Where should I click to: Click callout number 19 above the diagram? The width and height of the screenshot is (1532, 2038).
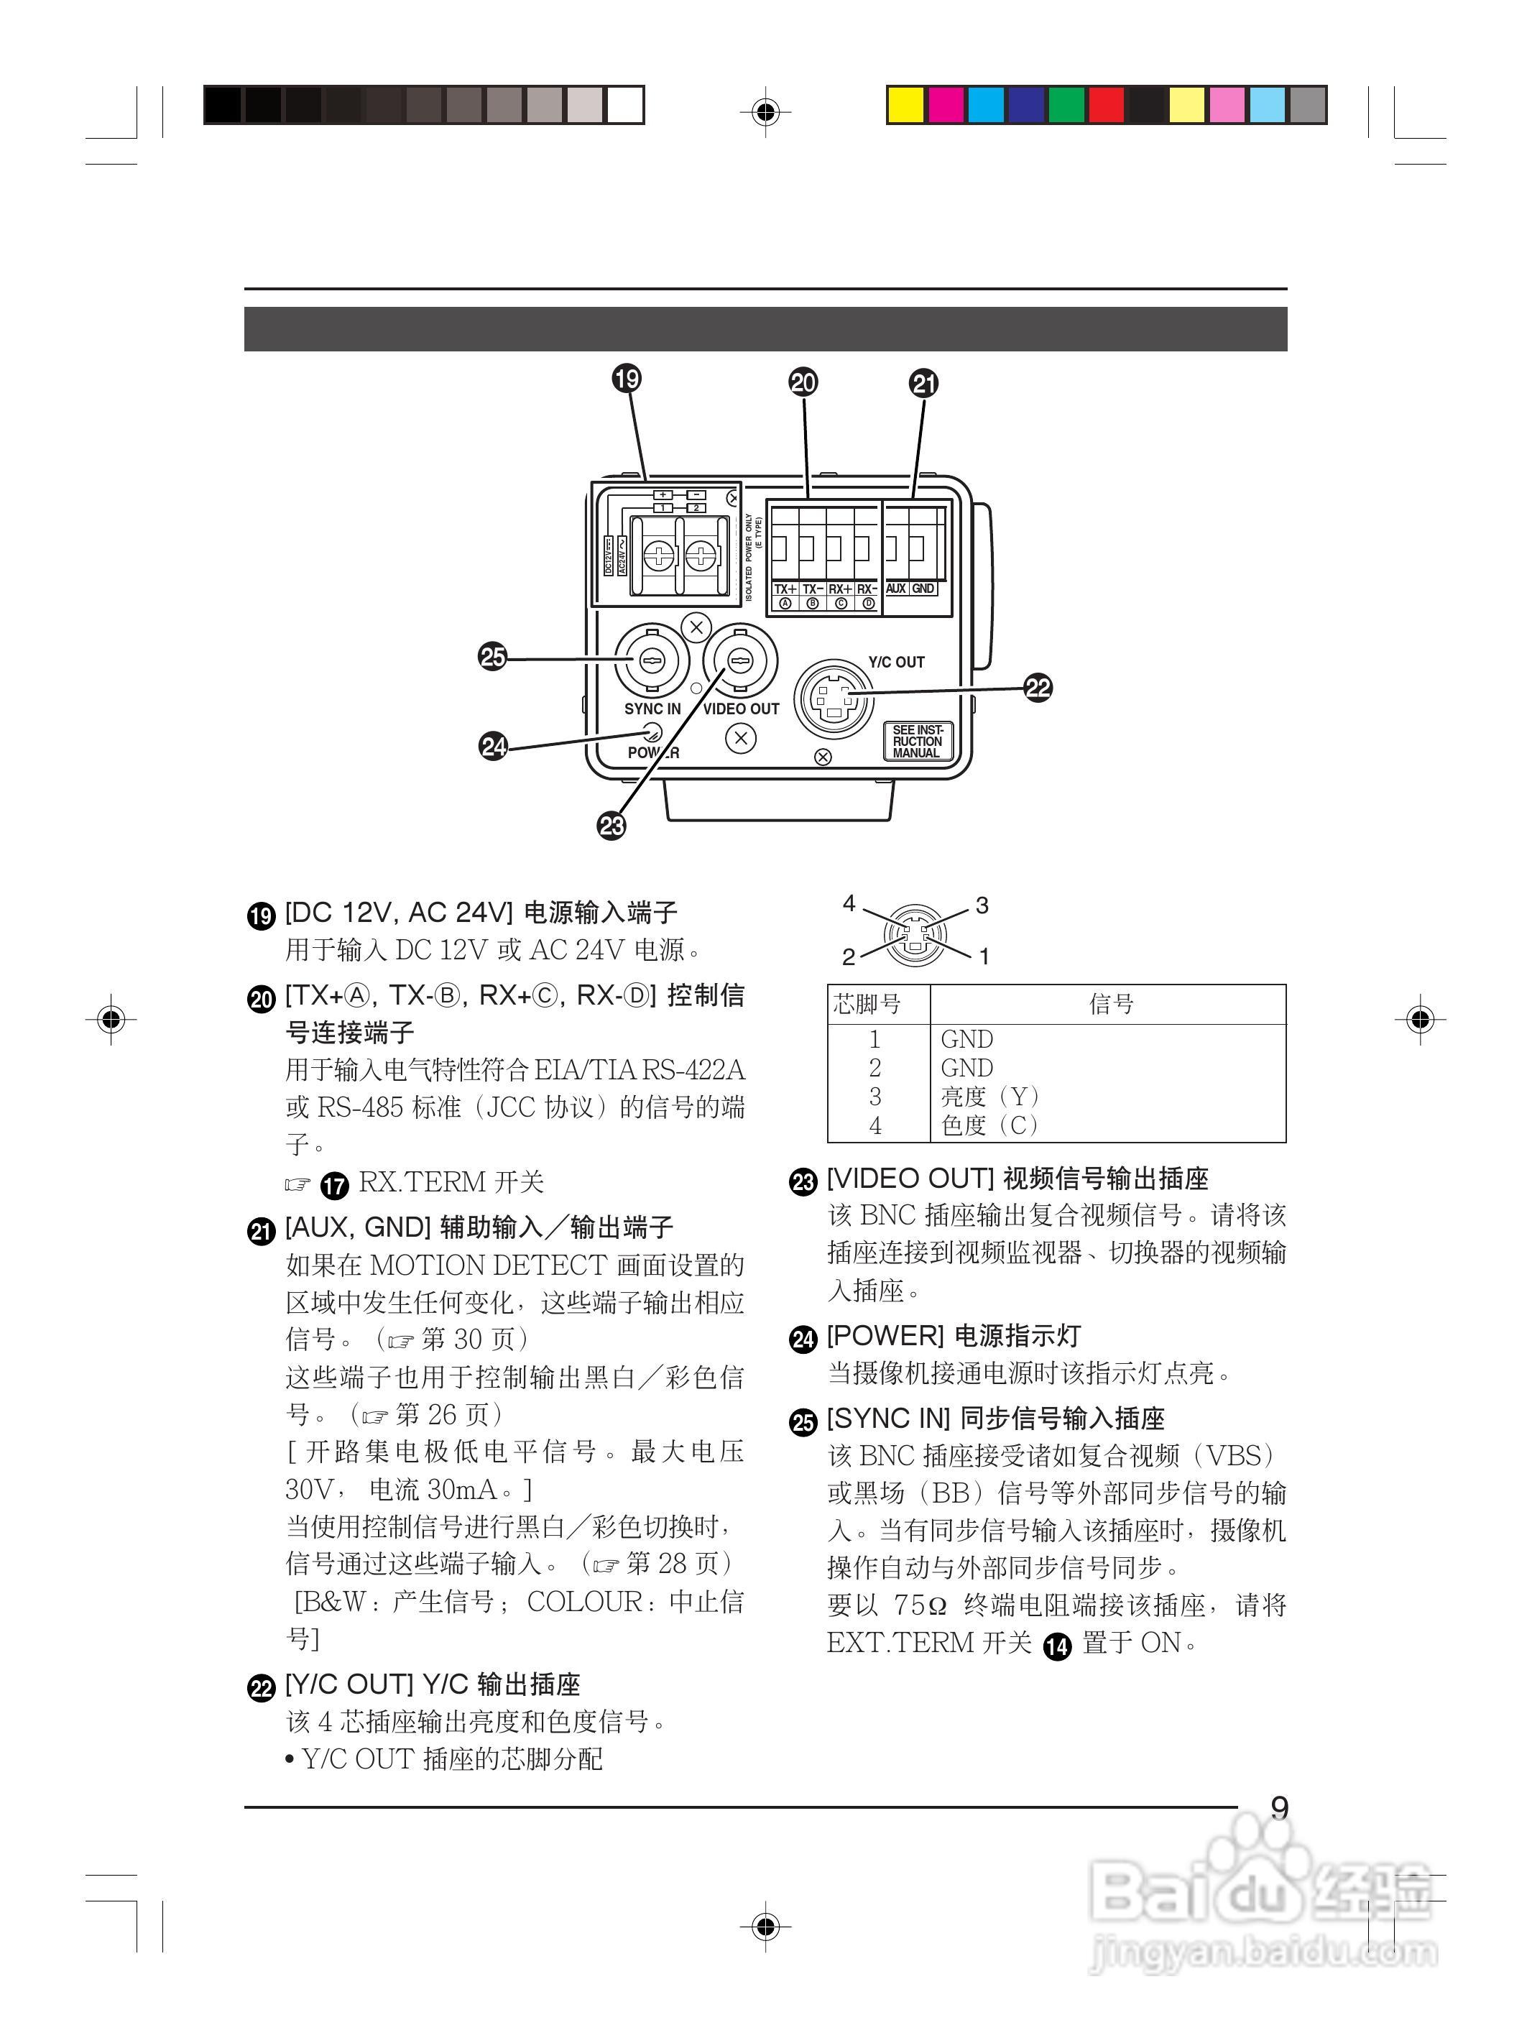coord(627,379)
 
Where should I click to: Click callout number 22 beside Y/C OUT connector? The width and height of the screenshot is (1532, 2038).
coord(1038,687)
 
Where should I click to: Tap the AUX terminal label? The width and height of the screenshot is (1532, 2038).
coord(895,589)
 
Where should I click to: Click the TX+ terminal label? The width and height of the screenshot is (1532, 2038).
coord(785,589)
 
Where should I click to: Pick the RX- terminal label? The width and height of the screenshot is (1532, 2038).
coord(867,589)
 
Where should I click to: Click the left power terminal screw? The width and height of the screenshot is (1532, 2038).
coord(660,555)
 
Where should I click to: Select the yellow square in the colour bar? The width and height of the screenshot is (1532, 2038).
coord(905,105)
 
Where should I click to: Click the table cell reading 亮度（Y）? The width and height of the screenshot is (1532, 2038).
coord(989,1097)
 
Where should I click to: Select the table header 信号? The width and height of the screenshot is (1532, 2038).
coord(1110,1003)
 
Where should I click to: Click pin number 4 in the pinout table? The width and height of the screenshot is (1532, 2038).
coord(875,1125)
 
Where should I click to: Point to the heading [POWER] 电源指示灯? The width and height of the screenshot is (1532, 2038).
coord(953,1336)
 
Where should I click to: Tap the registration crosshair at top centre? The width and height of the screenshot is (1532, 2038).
coord(765,112)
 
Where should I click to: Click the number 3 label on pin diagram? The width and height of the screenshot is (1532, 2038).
coord(982,905)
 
